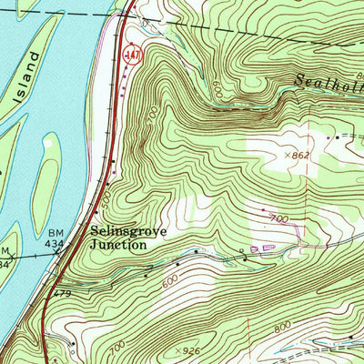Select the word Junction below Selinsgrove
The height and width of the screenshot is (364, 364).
(117, 244)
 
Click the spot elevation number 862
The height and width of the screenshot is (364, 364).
(302, 156)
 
